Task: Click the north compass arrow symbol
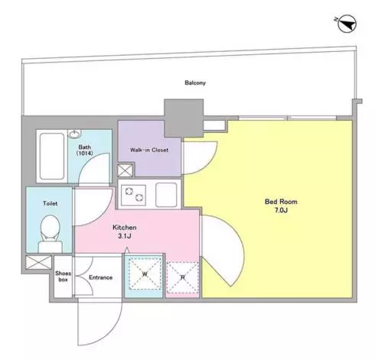pos(347,24)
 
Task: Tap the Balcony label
pos(195,83)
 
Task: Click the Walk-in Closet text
pos(149,150)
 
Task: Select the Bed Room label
pos(281,202)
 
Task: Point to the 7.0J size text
pos(282,210)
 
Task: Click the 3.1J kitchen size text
pos(125,236)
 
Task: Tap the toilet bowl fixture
pos(51,234)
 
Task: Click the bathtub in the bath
pos(52,156)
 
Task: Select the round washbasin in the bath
pos(74,134)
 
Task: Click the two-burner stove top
pos(133,195)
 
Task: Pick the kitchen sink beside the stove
pos(166,195)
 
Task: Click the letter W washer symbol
pos(145,274)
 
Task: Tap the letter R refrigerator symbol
pos(183,277)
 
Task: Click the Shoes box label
pos(63,277)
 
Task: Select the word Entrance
pos(101,277)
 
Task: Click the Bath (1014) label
pos(85,150)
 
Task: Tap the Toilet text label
pos(51,203)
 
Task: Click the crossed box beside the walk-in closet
pos(125,170)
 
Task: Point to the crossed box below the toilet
pos(39,262)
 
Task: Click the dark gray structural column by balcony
pos(184,118)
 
